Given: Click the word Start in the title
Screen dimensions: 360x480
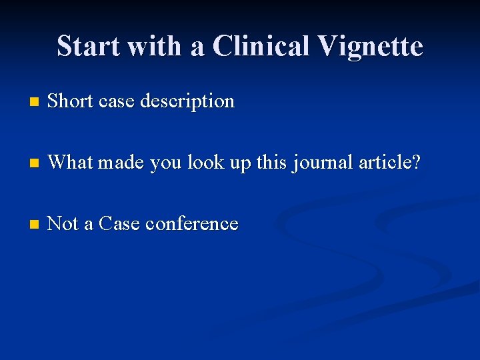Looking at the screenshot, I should (87, 47).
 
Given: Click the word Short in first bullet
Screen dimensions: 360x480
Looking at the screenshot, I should (70, 101).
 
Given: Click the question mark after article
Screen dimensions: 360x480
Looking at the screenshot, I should (417, 162).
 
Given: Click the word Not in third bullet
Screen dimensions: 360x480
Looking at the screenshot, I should (63, 223).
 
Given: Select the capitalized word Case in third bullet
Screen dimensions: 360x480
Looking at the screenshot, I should (119, 223).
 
